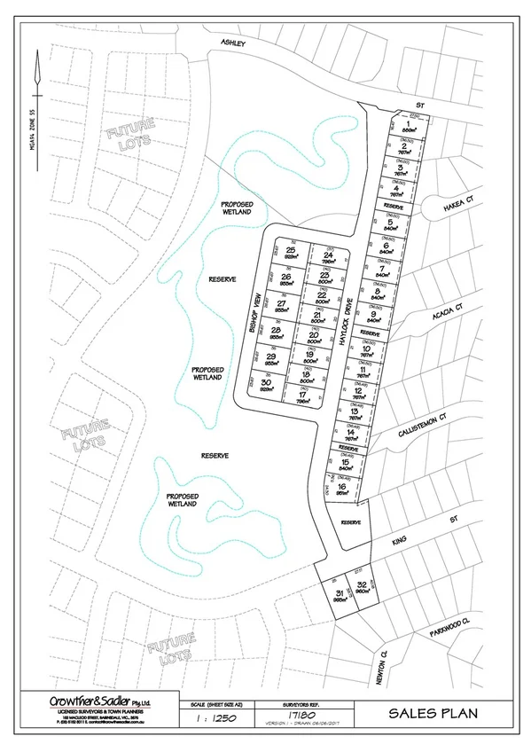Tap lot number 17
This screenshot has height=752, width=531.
point(302,395)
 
